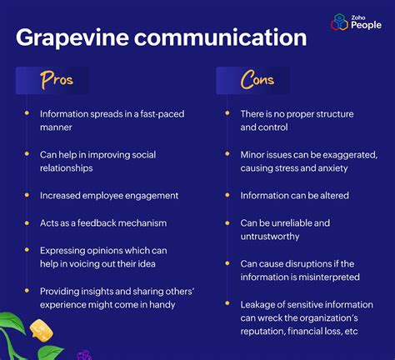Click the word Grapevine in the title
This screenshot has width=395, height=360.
pyautogui.click(x=72, y=39)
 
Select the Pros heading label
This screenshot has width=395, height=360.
pyautogui.click(x=53, y=81)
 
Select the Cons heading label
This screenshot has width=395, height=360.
pyautogui.click(x=257, y=81)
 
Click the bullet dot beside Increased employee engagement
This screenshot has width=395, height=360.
pyautogui.click(x=27, y=194)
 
